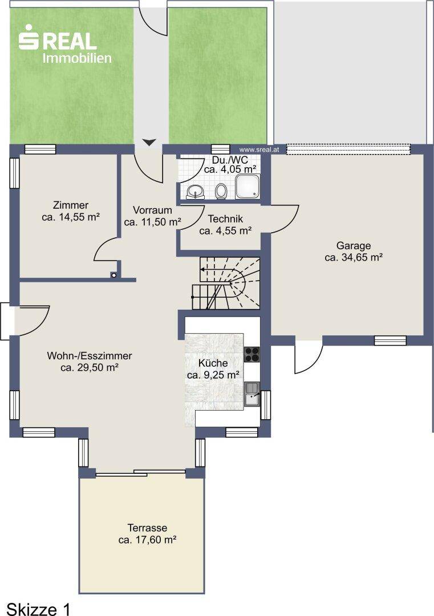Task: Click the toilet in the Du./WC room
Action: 221,191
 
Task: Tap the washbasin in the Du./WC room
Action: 195,192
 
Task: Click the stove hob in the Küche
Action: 252,354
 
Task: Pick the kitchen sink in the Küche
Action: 252,395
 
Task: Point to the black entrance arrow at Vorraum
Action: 149,142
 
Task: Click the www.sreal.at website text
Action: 259,149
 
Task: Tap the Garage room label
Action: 354,246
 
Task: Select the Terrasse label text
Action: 147,528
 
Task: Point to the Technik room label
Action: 225,219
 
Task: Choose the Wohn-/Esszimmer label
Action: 90,356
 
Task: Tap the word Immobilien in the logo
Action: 77,58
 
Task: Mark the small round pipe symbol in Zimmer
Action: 114,275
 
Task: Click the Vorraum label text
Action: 152,210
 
